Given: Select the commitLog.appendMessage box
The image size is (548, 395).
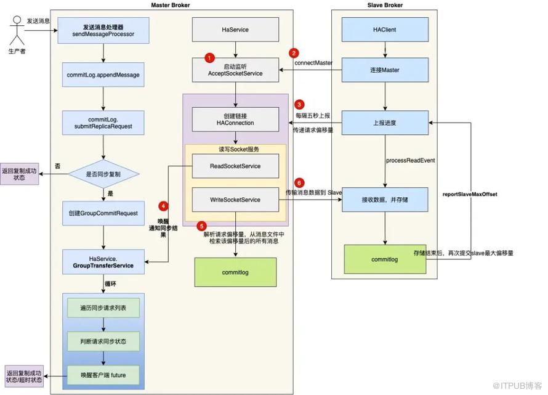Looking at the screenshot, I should pyautogui.click(x=103, y=75).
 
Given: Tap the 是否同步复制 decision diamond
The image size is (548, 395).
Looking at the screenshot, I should pyautogui.click(x=103, y=174).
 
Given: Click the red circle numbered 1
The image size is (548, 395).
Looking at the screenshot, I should pyautogui.click(x=209, y=57).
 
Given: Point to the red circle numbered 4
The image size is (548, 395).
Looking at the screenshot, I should pyautogui.click(x=163, y=205).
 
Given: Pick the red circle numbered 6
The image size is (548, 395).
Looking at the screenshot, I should pyautogui.click(x=299, y=183).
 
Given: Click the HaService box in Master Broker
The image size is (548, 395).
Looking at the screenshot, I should pyautogui.click(x=235, y=30).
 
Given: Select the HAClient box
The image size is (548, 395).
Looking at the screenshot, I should pyautogui.click(x=385, y=30).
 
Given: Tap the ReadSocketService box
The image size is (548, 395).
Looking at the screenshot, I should pyautogui.click(x=235, y=166).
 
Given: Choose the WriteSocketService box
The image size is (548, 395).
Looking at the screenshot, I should pyautogui.click(x=235, y=200).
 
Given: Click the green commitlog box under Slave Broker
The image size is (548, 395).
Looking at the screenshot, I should pyautogui.click(x=385, y=259).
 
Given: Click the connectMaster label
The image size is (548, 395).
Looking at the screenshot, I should pyautogui.click(x=313, y=63).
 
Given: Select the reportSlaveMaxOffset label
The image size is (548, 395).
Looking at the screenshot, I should pyautogui.click(x=470, y=194).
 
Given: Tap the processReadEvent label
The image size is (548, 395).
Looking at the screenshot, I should pyautogui.click(x=411, y=160).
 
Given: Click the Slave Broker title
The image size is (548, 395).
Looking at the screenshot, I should pyautogui.click(x=384, y=6).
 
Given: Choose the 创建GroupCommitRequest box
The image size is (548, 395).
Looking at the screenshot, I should pyautogui.click(x=103, y=213).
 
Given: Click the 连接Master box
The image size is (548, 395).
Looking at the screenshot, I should pyautogui.click(x=385, y=70).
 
